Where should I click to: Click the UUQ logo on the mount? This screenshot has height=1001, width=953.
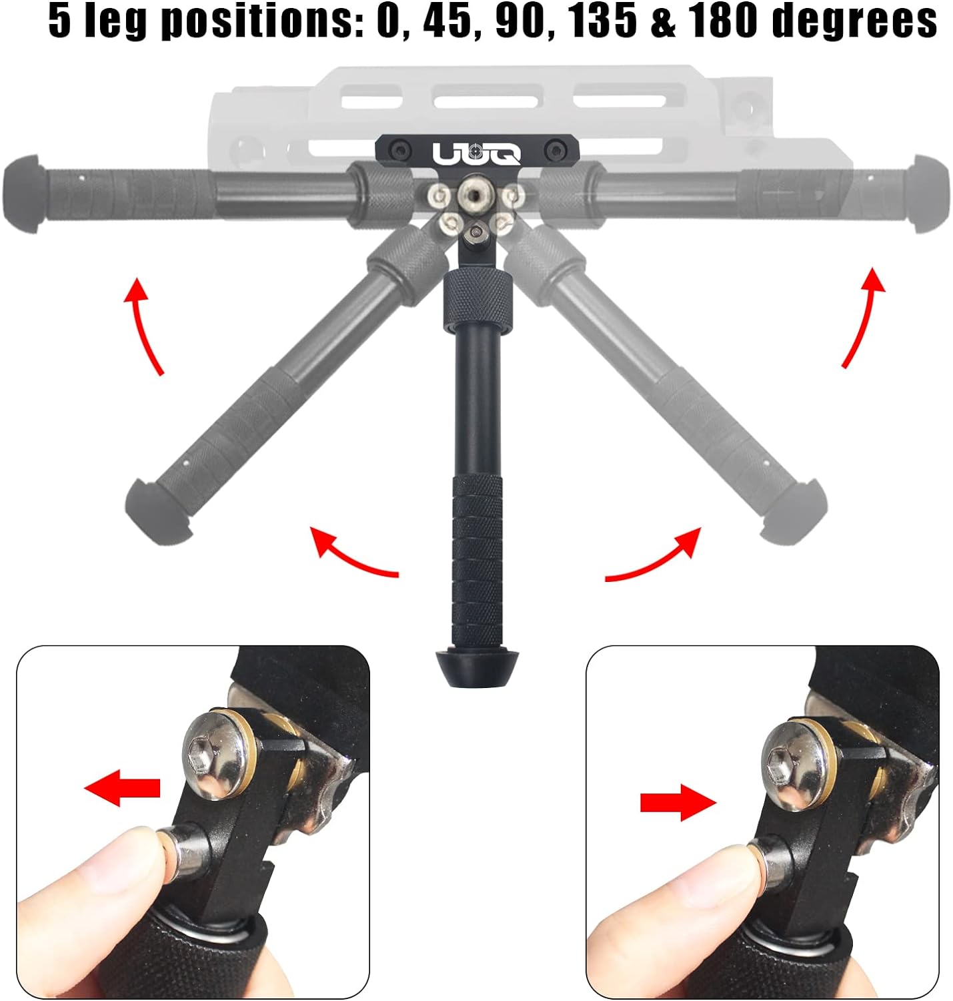pos(477,153)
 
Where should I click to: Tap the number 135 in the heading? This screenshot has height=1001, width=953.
pos(604,21)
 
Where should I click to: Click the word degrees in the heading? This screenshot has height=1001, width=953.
pos(854,23)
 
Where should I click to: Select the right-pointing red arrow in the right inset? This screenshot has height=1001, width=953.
pos(678,802)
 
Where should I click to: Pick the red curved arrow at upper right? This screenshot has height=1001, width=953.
pos(864,317)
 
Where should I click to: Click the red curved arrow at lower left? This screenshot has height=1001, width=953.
pos(351,555)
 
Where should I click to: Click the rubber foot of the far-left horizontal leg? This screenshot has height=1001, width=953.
pos(23,194)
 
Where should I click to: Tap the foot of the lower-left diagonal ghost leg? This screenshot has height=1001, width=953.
pos(158,509)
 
